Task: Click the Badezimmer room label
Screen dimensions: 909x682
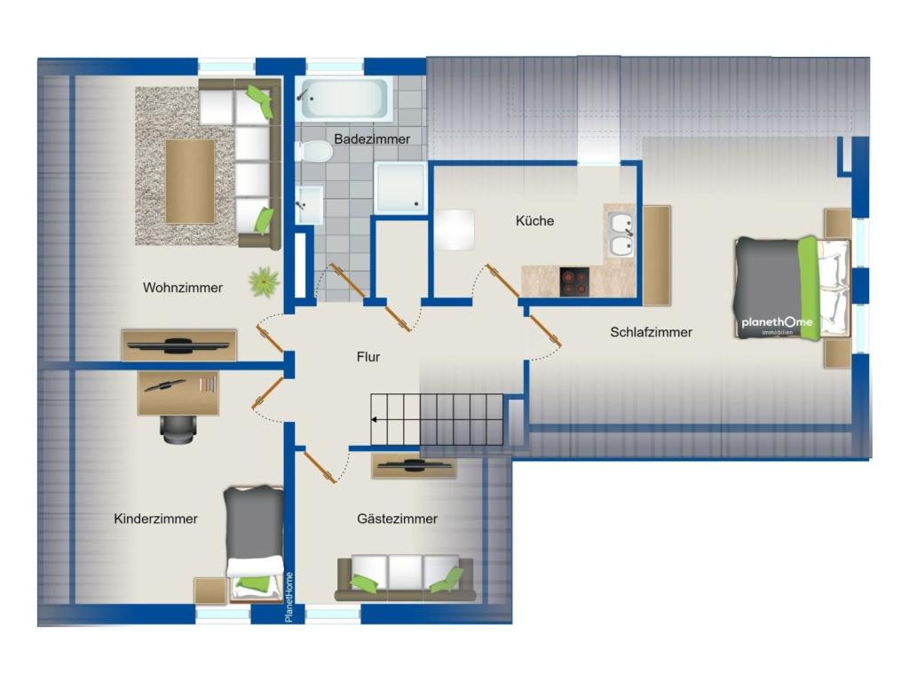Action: tap(372, 139)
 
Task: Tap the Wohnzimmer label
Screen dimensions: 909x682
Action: tap(183, 288)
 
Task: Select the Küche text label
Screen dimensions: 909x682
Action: tap(534, 221)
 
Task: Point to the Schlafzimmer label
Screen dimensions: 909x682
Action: tap(651, 332)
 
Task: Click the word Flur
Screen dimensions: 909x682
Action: tap(368, 357)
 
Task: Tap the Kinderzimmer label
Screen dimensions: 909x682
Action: tap(156, 519)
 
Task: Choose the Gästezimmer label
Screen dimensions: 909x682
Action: tap(397, 519)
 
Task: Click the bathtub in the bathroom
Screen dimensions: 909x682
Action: tap(344, 99)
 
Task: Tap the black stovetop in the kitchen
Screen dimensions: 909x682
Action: tap(574, 282)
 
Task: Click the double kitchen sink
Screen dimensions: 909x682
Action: tap(620, 234)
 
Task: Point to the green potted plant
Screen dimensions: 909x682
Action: tap(265, 282)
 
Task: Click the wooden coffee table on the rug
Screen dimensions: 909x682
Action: tap(190, 181)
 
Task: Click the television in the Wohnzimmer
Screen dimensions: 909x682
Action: tap(178, 345)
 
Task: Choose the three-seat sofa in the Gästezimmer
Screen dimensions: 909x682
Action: tap(405, 577)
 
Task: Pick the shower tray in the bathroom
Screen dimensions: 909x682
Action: tap(400, 188)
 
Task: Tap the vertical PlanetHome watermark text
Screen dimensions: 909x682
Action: tap(289, 598)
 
